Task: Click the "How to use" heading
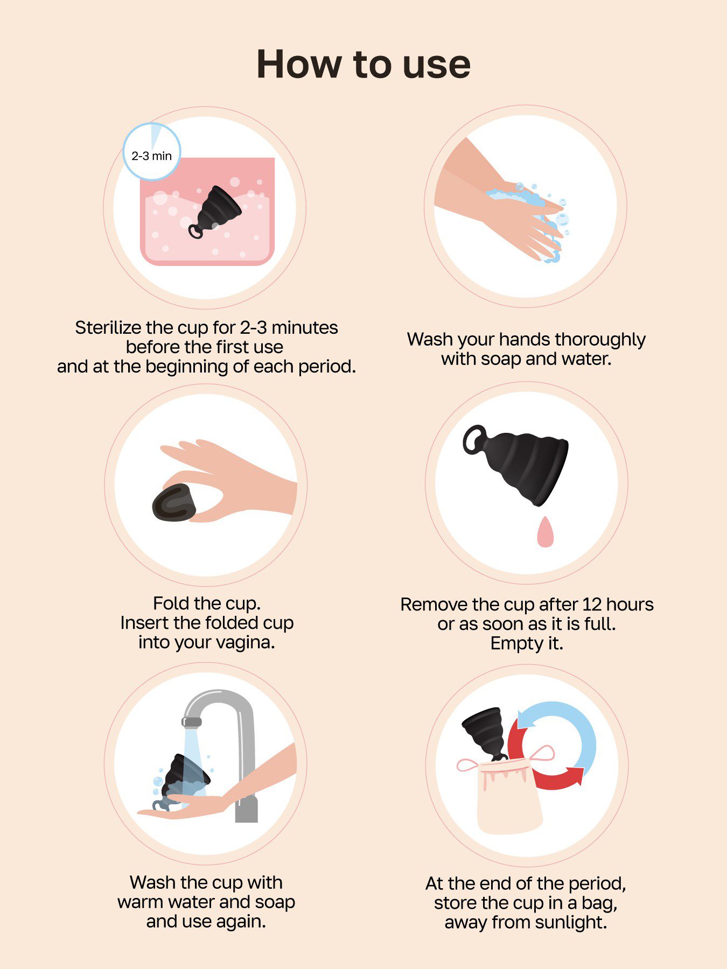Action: point(363,65)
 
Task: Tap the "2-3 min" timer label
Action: point(151,156)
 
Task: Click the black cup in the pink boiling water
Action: point(215,210)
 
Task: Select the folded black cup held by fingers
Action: point(173,503)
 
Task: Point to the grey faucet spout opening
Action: point(192,722)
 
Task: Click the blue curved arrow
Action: point(565,727)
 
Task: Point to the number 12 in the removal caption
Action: point(591,605)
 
